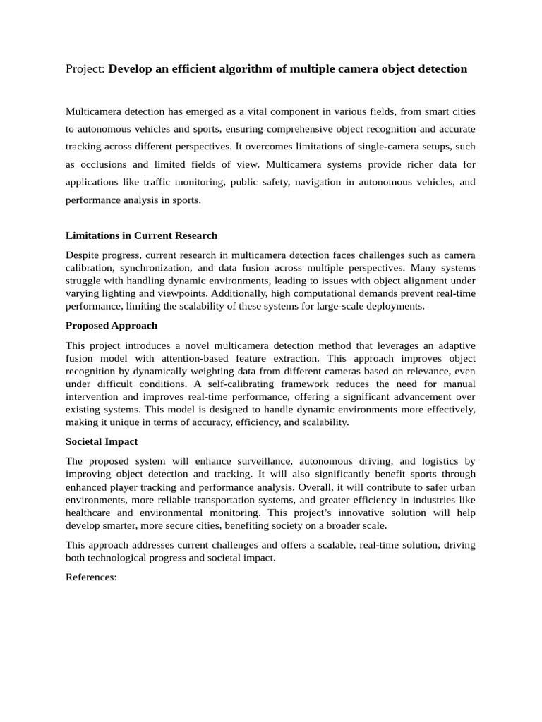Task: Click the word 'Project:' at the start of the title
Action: click(85, 69)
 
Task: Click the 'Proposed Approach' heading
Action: click(112, 326)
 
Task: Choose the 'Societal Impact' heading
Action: click(102, 441)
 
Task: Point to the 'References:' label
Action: click(90, 577)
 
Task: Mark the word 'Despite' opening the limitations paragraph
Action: click(83, 255)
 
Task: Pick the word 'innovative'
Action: click(351, 513)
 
